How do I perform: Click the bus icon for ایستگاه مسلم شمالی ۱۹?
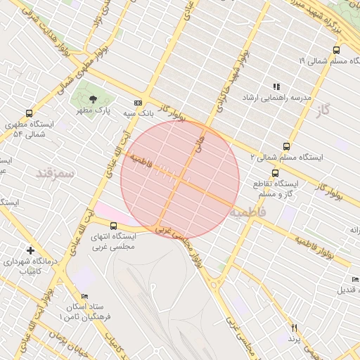(x=336, y=50)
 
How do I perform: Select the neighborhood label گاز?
(x=323, y=110)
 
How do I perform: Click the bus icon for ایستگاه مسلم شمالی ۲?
(x=285, y=146)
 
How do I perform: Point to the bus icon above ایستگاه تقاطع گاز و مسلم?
(x=275, y=172)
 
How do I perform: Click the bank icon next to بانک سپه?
(x=138, y=102)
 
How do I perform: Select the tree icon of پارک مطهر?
(x=94, y=98)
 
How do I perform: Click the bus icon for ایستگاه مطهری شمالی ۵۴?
(x=29, y=112)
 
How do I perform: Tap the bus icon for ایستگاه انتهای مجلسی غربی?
(x=115, y=225)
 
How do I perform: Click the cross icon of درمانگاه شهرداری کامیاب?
(x=30, y=250)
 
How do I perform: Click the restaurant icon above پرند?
(x=294, y=328)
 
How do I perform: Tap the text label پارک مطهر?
(x=94, y=110)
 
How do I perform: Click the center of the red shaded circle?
(x=180, y=179)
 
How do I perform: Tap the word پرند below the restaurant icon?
(x=294, y=339)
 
